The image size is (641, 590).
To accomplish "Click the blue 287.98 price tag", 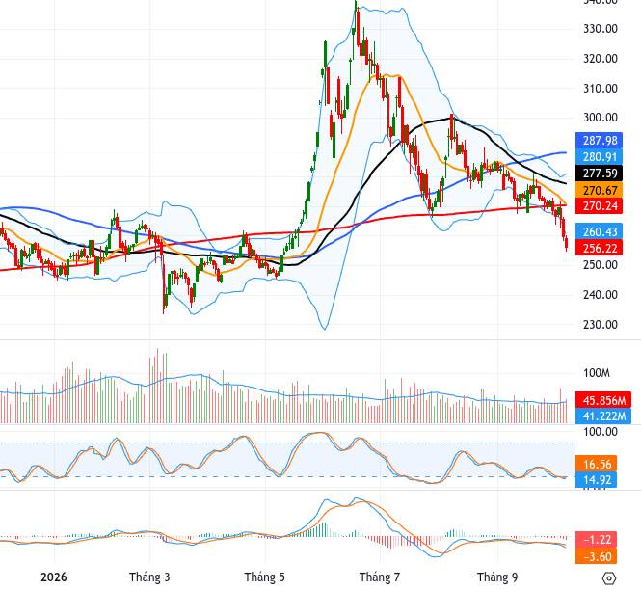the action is click(599, 140).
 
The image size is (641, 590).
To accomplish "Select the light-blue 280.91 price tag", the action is click(599, 156).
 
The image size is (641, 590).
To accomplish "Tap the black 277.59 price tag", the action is click(599, 173).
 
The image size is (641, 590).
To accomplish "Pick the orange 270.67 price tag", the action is click(599, 190).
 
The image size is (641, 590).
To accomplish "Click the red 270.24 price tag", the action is click(599, 205).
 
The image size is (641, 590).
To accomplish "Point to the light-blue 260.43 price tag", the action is click(599, 231).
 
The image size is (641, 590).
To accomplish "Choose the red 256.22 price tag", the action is click(599, 248).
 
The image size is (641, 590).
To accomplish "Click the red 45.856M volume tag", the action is click(603, 400).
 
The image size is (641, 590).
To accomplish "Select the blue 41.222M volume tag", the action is click(603, 416).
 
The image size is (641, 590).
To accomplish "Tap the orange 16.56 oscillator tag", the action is click(596, 464).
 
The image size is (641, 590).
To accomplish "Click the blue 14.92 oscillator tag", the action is click(596, 479).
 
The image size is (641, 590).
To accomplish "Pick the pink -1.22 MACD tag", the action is click(596, 540).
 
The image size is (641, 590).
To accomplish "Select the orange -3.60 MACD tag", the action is click(596, 556).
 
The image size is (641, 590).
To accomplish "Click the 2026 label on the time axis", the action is click(54, 577).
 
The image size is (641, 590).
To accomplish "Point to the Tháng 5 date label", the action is click(264, 577).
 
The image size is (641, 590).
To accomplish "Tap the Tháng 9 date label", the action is click(497, 577).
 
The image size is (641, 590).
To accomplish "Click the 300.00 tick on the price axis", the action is click(601, 118).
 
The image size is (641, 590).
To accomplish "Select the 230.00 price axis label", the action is click(601, 324).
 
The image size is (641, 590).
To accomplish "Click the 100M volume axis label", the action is click(597, 373).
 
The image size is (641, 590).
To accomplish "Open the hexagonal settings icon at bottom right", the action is click(609, 578).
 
